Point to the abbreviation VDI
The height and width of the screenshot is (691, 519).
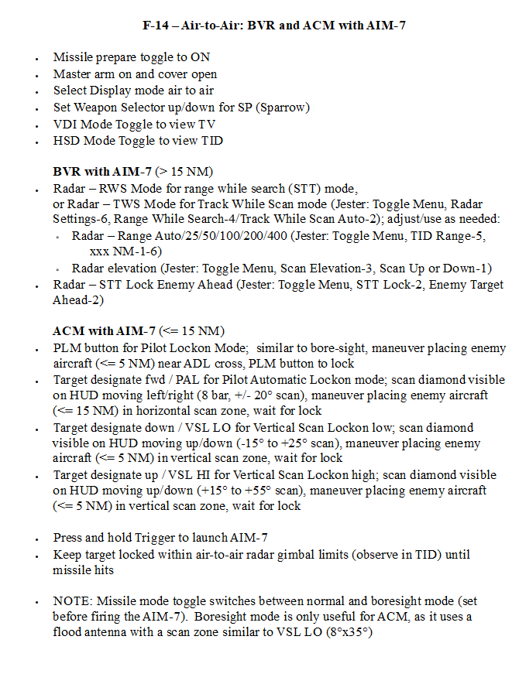coord(66,124)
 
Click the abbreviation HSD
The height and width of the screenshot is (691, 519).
coord(67,141)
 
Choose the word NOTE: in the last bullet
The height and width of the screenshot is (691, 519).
coord(72,600)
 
